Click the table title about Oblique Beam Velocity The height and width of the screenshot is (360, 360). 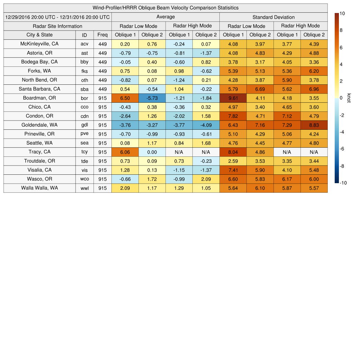[166, 8]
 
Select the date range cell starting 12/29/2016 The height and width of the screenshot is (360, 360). [57, 17]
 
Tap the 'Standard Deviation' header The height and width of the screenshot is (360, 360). [274, 17]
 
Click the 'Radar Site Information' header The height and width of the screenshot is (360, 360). [57, 26]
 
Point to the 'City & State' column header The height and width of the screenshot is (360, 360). [39, 35]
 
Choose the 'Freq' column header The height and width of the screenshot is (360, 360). [102, 35]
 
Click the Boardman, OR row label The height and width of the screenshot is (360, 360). [39, 98]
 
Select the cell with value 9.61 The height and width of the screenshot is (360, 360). [233, 98]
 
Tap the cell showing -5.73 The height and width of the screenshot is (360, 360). [152, 98]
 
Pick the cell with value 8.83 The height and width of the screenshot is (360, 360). [314, 125]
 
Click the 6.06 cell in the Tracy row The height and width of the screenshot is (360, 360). [125, 152]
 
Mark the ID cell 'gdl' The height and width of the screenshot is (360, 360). [84, 125]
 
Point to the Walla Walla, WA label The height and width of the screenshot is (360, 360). [39, 188]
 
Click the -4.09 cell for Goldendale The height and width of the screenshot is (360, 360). [206, 125]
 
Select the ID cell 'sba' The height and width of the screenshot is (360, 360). [84, 89]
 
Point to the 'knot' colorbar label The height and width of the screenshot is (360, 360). [349, 98]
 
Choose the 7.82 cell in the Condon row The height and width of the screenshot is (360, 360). [233, 116]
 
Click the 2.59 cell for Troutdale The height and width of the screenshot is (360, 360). [233, 161]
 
